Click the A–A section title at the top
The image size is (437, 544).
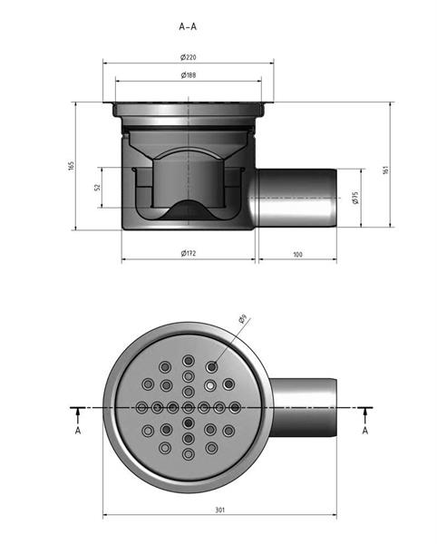tap(188, 26)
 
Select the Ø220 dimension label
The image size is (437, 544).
tap(189, 57)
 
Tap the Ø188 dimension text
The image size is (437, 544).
tap(189, 75)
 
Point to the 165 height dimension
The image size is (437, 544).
tap(71, 166)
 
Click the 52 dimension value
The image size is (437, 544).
tap(97, 187)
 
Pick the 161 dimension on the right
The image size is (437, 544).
tap(385, 170)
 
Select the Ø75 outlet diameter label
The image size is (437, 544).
tap(354, 198)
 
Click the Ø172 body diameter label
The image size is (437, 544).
tap(189, 253)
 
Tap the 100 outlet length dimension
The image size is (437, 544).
tap(297, 254)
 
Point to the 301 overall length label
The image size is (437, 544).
tap(220, 510)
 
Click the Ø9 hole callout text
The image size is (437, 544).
tap(242, 319)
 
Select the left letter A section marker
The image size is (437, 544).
tap(78, 431)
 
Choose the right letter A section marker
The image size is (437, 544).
tap(364, 431)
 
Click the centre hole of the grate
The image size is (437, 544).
tap(189, 407)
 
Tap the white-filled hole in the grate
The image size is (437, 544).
tap(210, 385)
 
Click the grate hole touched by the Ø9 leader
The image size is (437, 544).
tap(211, 366)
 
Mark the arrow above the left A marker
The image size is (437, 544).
tap(78, 415)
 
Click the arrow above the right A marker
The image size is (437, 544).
tap(364, 415)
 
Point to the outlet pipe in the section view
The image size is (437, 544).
tap(296, 198)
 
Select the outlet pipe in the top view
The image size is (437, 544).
tap(304, 408)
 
